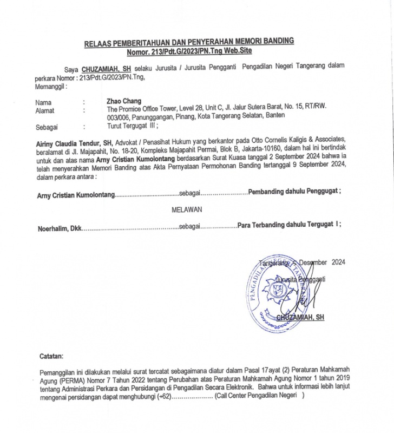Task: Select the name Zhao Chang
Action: (124, 101)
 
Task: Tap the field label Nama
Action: (43, 102)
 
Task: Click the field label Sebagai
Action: (47, 128)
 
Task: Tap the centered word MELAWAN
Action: (187, 208)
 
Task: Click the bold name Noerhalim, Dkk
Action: (58, 228)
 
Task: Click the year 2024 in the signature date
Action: (335, 263)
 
